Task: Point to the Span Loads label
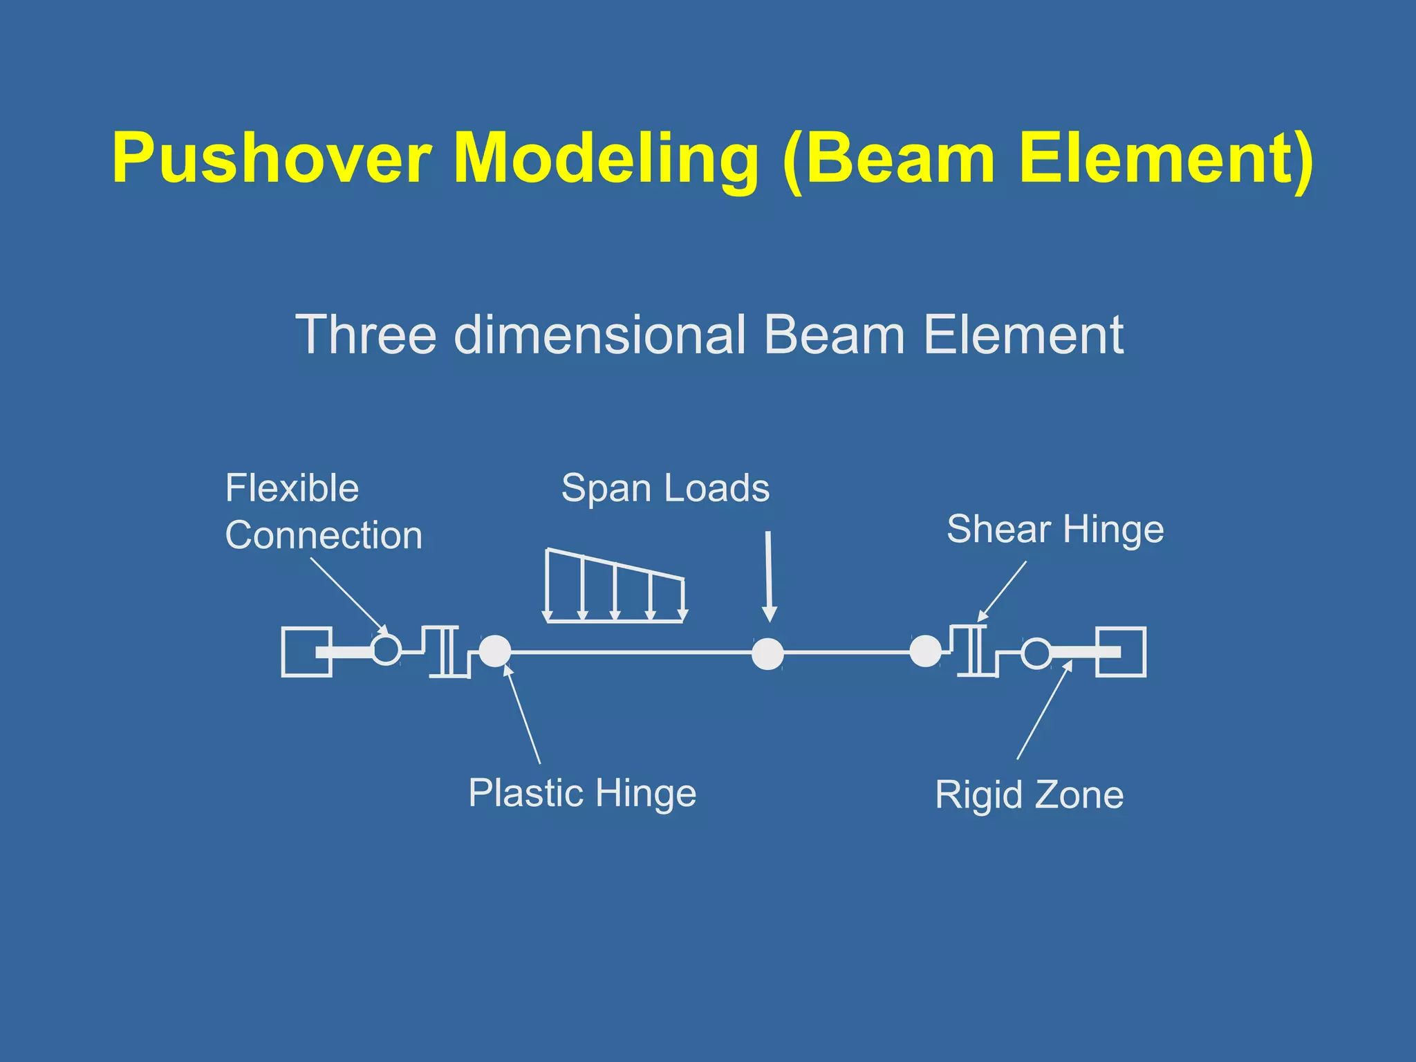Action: click(x=665, y=488)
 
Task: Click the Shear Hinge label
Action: click(x=1055, y=530)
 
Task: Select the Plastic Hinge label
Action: click(x=582, y=792)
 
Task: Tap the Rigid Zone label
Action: click(x=1029, y=794)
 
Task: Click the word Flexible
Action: click(x=292, y=488)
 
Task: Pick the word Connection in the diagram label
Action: click(x=324, y=535)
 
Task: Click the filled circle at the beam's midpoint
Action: click(x=767, y=653)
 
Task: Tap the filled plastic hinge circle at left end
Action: click(x=495, y=651)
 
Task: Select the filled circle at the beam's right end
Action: click(x=925, y=651)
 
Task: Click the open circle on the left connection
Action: click(x=386, y=650)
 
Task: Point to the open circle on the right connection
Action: click(x=1036, y=653)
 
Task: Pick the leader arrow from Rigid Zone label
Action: click(x=1044, y=711)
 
